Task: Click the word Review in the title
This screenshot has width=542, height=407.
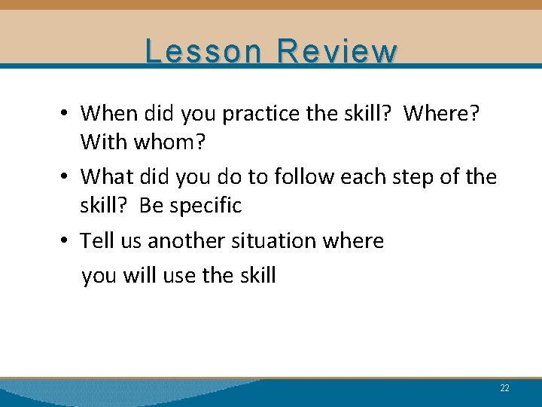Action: [336, 51]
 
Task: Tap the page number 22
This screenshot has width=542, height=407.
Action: [504, 388]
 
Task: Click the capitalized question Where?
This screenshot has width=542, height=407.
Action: [442, 113]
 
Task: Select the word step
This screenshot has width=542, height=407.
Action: [408, 178]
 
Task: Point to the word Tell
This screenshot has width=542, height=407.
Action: [96, 240]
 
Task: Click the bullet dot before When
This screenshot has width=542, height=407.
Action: [66, 114]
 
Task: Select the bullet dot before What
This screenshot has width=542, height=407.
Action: [66, 177]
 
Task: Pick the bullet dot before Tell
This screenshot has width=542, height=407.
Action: [66, 241]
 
